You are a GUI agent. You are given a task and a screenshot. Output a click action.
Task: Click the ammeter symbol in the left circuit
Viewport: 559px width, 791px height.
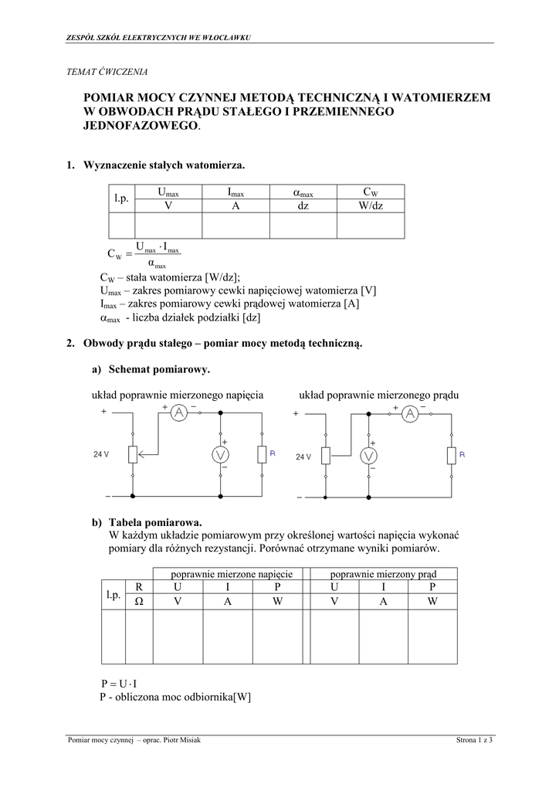(x=179, y=413)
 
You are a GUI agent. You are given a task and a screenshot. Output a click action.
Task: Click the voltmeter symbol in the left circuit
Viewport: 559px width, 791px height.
(x=222, y=455)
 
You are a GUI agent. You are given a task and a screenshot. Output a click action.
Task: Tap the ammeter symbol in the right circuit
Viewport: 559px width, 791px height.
(x=411, y=414)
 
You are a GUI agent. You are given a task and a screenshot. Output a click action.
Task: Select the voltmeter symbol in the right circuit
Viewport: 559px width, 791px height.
(x=370, y=455)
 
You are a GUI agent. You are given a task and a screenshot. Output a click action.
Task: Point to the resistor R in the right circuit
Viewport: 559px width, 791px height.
(x=452, y=455)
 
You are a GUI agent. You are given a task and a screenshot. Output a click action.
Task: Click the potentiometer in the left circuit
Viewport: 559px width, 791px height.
(x=133, y=454)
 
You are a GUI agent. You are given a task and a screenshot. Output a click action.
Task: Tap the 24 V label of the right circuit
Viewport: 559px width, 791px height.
(x=303, y=457)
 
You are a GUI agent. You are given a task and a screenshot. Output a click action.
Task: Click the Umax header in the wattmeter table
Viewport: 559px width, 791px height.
(x=168, y=192)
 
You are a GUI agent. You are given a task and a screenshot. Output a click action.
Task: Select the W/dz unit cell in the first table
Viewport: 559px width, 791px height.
(x=371, y=205)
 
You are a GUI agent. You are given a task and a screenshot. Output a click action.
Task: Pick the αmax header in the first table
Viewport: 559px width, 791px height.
(x=303, y=192)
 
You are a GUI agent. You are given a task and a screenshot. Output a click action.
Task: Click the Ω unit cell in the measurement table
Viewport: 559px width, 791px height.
(x=140, y=601)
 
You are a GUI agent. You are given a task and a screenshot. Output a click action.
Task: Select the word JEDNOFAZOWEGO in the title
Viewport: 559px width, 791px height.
(x=141, y=127)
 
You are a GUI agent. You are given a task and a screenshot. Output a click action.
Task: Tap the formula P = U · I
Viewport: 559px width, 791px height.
(x=119, y=684)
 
